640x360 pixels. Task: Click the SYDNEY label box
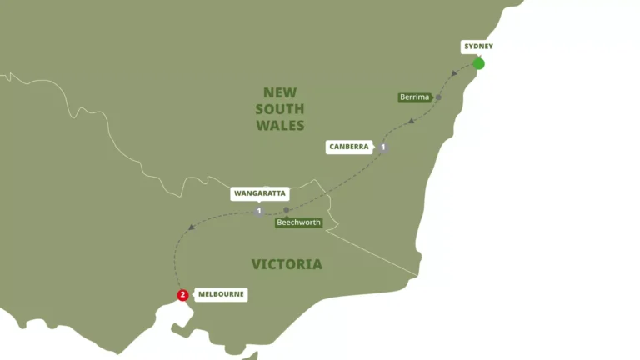477,47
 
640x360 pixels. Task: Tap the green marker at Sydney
478,63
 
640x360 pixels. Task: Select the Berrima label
415,97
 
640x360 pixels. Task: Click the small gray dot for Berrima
438,97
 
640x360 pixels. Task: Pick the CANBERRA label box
349,147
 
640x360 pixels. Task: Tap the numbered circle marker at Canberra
383,147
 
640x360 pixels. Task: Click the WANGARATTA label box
259,193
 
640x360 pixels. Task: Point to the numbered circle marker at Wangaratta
259,211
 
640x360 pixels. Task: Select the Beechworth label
298,222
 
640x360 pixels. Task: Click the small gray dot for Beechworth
286,210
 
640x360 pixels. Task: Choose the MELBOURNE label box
221,294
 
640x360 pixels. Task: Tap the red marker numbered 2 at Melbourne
182,294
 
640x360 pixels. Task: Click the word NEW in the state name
280,93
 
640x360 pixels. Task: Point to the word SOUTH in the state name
280,109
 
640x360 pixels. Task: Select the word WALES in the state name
280,125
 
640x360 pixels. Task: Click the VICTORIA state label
287,264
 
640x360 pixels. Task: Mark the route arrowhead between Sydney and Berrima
454,74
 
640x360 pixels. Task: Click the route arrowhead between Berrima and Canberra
412,122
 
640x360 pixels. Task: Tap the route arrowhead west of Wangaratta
192,227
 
